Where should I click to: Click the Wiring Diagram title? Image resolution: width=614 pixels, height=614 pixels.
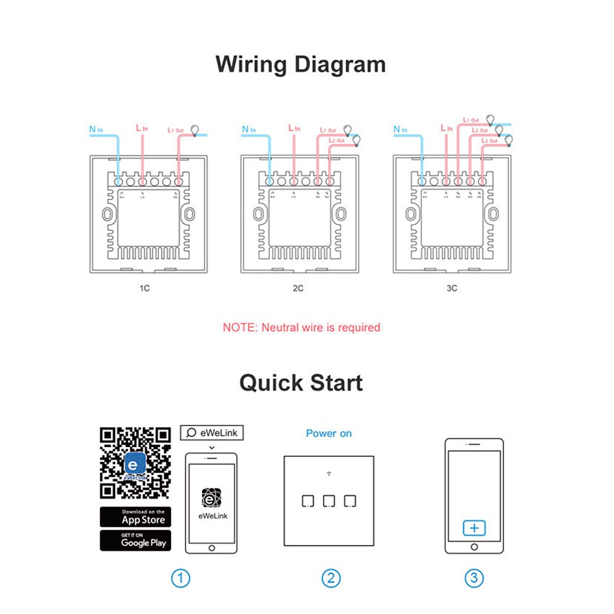(301, 64)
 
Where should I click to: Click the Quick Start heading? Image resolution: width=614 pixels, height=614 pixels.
(301, 383)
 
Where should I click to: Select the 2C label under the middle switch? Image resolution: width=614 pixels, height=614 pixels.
(298, 288)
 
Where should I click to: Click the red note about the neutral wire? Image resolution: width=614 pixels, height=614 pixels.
(301, 327)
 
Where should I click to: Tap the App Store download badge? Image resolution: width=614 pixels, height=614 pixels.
(136, 517)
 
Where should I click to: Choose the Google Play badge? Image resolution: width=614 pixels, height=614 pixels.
(136, 540)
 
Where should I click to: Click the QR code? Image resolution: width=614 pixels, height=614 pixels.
(136, 462)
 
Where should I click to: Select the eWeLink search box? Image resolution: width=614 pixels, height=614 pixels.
(211, 433)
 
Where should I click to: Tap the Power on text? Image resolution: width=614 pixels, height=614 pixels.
(329, 433)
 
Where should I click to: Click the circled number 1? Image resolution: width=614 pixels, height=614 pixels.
(181, 578)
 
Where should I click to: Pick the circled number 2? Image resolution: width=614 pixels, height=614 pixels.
(330, 578)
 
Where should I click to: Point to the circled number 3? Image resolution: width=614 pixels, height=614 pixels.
(474, 578)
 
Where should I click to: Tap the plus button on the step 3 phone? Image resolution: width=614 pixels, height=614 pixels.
(474, 527)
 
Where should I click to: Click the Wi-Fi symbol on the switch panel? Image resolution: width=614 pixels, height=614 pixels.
(329, 474)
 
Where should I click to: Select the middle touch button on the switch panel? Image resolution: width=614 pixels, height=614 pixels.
(329, 501)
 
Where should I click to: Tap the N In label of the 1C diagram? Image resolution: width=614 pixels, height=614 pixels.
(96, 129)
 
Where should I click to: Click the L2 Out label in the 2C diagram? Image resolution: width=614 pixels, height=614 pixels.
(336, 141)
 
